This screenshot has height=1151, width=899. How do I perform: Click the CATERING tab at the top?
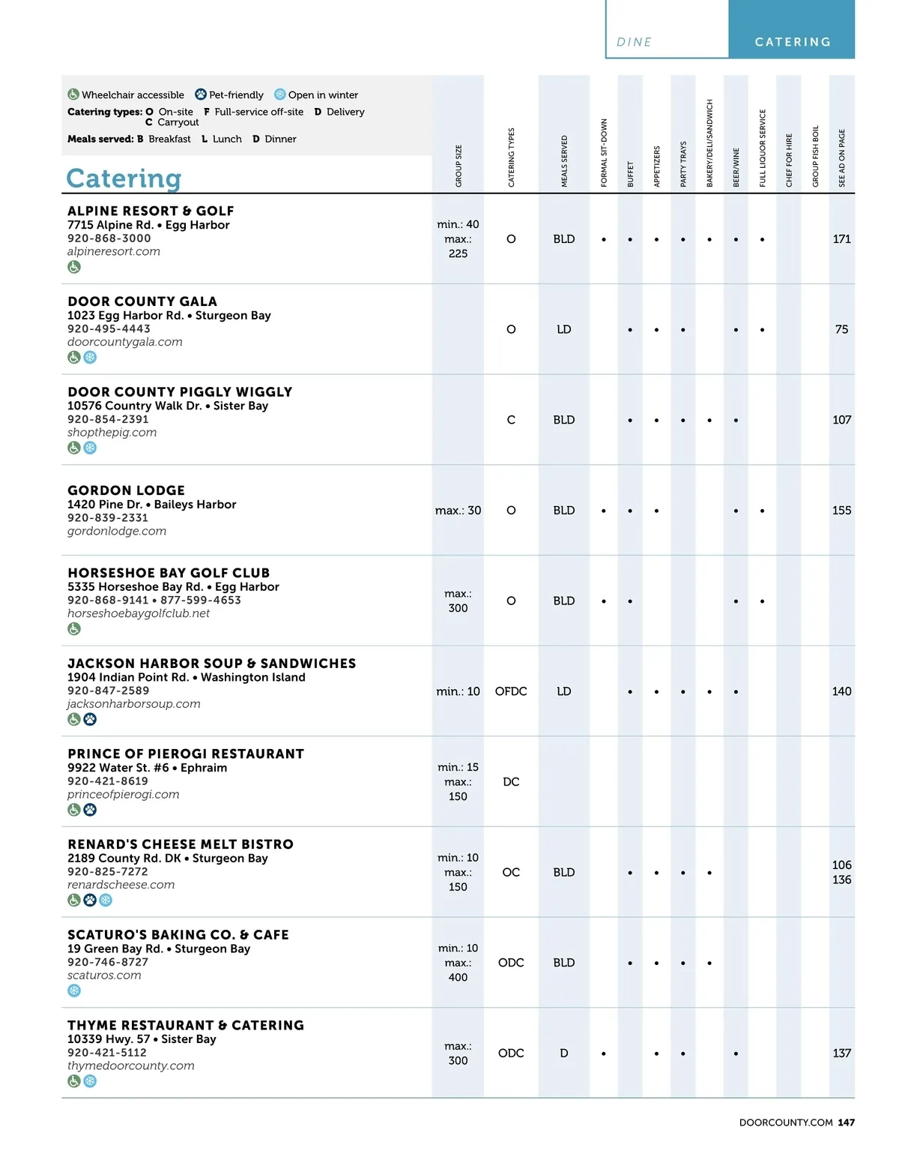coord(793,42)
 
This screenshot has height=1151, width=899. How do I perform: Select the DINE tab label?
coord(634,42)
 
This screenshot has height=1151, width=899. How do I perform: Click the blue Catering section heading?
coord(124,178)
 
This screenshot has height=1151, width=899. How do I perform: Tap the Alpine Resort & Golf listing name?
coord(151,211)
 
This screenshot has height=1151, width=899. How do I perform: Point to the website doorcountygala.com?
coord(125,342)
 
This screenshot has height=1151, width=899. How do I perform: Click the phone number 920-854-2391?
coord(108,419)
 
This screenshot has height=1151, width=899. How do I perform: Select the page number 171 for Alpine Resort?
coord(841,239)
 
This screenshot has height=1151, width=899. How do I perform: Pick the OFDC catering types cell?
coord(511,691)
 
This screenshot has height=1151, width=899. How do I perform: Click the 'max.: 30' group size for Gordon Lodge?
coord(458,511)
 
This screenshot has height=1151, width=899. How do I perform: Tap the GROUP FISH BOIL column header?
coord(815,156)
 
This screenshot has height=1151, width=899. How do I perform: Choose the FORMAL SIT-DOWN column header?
coord(604,153)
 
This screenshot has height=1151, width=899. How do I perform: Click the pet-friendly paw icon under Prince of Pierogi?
coord(90,810)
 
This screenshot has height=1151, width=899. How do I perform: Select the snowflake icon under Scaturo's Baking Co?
coord(74,991)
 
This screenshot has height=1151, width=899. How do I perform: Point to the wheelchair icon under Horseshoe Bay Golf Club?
coord(74,629)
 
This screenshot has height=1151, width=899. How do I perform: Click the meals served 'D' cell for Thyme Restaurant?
coord(564,1054)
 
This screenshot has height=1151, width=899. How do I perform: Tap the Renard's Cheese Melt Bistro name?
coord(181,844)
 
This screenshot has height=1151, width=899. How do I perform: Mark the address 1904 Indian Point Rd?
coord(127,677)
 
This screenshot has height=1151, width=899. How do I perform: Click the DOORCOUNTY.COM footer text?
coord(786,1123)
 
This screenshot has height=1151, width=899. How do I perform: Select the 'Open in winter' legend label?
coord(323,95)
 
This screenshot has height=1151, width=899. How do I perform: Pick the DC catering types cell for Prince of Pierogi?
coord(511,782)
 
